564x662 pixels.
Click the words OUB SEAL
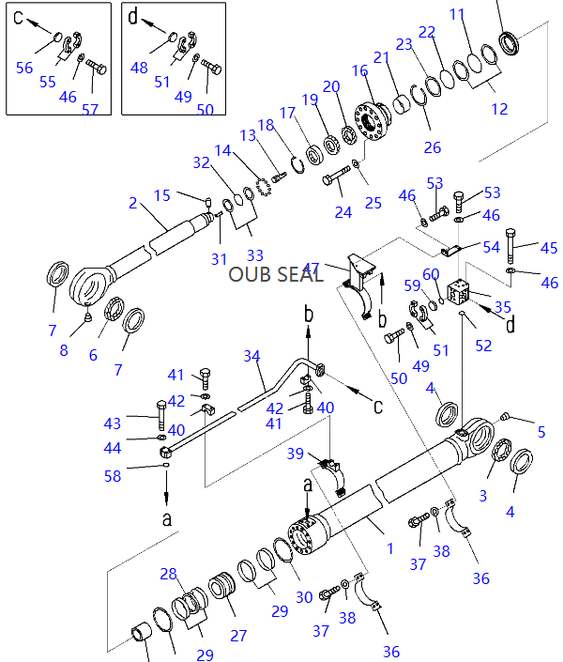[276, 273]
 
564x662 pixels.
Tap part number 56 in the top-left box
[24, 67]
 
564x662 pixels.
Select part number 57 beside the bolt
[90, 109]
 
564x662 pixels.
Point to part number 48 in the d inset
[139, 67]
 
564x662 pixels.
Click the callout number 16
[360, 70]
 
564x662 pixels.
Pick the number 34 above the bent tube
[251, 356]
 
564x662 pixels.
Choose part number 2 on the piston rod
[133, 202]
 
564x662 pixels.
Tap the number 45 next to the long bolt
[548, 248]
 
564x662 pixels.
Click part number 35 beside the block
[503, 306]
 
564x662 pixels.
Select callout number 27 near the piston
[238, 636]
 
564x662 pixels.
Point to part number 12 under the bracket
[499, 109]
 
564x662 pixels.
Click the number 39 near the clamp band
[296, 454]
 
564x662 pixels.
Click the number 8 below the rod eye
[63, 350]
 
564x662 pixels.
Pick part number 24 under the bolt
[343, 212]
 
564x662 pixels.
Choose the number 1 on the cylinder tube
[390, 547]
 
